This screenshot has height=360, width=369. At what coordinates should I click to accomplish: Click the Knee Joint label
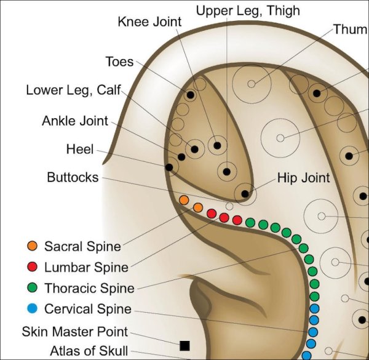149,22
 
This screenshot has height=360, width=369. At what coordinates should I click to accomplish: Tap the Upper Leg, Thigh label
247,10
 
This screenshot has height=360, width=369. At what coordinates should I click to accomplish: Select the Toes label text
119,62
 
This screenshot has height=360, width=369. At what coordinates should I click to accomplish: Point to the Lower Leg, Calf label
69,90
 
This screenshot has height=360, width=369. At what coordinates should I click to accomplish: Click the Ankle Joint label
74,121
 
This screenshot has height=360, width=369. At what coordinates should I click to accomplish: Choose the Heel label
80,149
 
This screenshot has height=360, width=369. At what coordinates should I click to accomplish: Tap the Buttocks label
73,177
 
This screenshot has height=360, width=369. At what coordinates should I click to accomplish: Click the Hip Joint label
303,178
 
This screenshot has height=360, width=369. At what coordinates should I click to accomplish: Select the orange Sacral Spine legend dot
33,247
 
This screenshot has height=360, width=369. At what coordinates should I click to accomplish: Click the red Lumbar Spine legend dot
33,267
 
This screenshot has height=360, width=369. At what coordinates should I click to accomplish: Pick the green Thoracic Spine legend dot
33,287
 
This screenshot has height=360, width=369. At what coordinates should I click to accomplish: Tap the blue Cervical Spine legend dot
33,308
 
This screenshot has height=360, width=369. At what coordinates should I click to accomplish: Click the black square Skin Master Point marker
184,345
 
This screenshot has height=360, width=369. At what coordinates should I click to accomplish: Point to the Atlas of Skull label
90,352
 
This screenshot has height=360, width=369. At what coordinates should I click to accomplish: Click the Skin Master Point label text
75,332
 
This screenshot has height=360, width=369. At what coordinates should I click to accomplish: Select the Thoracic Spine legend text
89,288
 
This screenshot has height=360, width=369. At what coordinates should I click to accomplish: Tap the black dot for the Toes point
191,95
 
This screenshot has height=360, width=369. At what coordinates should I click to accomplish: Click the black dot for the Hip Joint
245,194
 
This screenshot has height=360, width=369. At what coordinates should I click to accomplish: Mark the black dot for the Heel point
169,167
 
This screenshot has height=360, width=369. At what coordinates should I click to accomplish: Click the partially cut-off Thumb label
351,29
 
